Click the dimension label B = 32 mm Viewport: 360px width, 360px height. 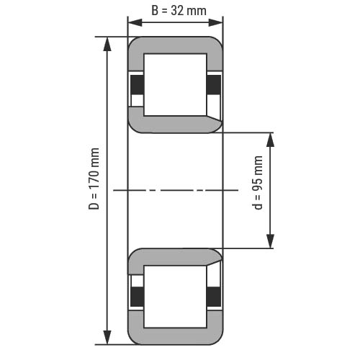tap(179, 11)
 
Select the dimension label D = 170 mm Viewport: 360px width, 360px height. tap(94, 179)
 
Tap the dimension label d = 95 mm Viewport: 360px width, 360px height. tap(258, 183)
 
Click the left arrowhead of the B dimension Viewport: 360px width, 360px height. tap(135, 22)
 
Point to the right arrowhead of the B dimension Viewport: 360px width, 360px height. tap(216, 22)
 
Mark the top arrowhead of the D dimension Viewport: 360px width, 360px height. tap(107, 44)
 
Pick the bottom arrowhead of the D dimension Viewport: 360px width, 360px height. tap(107, 337)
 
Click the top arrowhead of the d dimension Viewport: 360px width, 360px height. tap(271, 140)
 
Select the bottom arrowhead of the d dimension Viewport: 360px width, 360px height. tap(271, 241)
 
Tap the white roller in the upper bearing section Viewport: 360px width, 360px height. tap(175, 85)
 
